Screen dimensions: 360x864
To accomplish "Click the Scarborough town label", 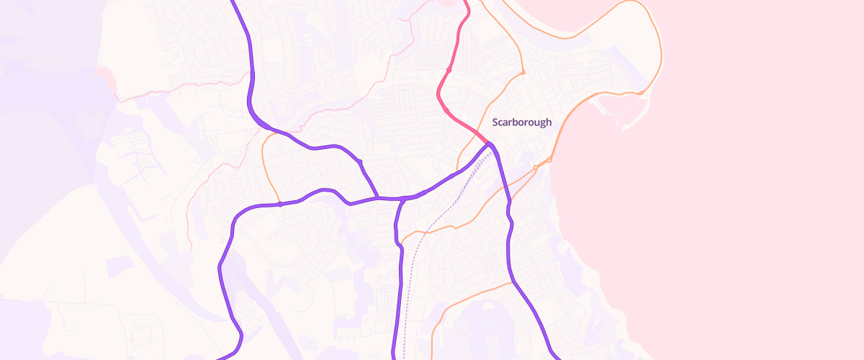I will pos(521,122).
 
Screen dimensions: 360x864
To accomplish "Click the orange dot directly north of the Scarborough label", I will pos(523,73).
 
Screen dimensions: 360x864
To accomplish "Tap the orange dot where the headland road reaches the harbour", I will pos(640,93).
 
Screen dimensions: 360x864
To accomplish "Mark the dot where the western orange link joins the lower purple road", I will pos(279,204).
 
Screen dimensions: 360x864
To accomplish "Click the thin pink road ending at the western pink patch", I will pos(180,87).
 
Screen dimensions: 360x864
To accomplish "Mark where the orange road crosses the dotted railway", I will pos(425,233).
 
